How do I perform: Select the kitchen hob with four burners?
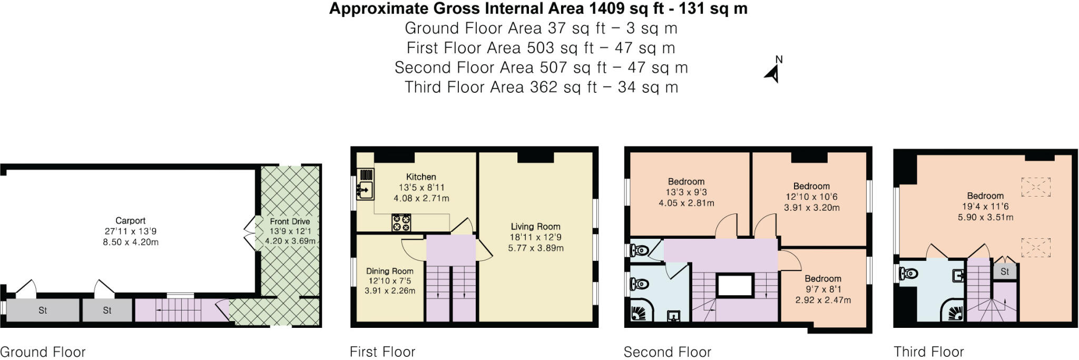(x=401, y=222)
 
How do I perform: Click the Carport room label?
(x=130, y=221)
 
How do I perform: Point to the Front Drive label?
(x=289, y=221)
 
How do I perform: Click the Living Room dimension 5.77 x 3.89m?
(x=535, y=248)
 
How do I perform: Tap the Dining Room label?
(x=389, y=271)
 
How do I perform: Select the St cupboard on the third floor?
(x=1004, y=272)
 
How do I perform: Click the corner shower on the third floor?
(x=953, y=311)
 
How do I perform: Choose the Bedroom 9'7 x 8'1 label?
(x=822, y=279)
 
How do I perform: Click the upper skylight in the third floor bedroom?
(x=1035, y=187)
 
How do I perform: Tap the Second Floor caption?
(x=667, y=352)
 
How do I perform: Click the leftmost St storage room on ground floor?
(x=42, y=310)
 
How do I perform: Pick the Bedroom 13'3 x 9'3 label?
(x=686, y=181)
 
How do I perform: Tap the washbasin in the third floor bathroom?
(x=958, y=275)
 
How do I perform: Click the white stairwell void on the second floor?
(x=734, y=286)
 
